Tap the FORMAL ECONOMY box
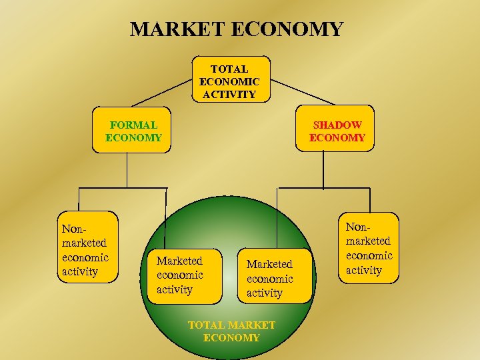pos(133,131)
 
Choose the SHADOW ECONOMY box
pos(337,131)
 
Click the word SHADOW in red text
pos(337,125)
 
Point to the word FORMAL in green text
pos(133,125)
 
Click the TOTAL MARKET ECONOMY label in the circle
pos(231,331)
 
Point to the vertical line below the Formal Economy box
pos(127,170)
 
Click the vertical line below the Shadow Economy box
pos(324,170)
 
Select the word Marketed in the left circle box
pos(179,261)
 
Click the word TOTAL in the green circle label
pos(206,325)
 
